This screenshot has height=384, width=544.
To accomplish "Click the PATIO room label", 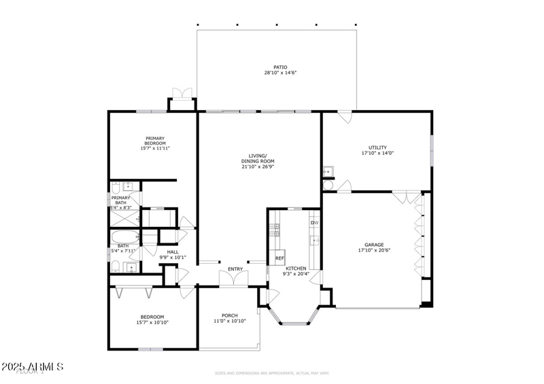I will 280,67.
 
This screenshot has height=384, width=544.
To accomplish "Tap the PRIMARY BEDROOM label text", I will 154,139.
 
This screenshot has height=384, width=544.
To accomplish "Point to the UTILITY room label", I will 377,147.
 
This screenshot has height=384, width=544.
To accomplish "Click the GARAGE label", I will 374,245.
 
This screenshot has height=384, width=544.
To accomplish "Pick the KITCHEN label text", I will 296,269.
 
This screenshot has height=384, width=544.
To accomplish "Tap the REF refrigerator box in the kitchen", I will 279,258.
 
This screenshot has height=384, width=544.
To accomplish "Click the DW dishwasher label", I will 314,223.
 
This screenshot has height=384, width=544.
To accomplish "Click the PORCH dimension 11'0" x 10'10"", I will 229,321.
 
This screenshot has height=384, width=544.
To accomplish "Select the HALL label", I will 173,252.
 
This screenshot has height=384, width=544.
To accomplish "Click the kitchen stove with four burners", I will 275,229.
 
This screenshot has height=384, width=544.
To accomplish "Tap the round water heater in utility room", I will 327,184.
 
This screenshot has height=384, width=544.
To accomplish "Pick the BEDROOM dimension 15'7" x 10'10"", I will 152,322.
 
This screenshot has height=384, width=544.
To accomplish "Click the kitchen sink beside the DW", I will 314,240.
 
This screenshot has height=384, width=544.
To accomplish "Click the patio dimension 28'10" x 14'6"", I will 280,73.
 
